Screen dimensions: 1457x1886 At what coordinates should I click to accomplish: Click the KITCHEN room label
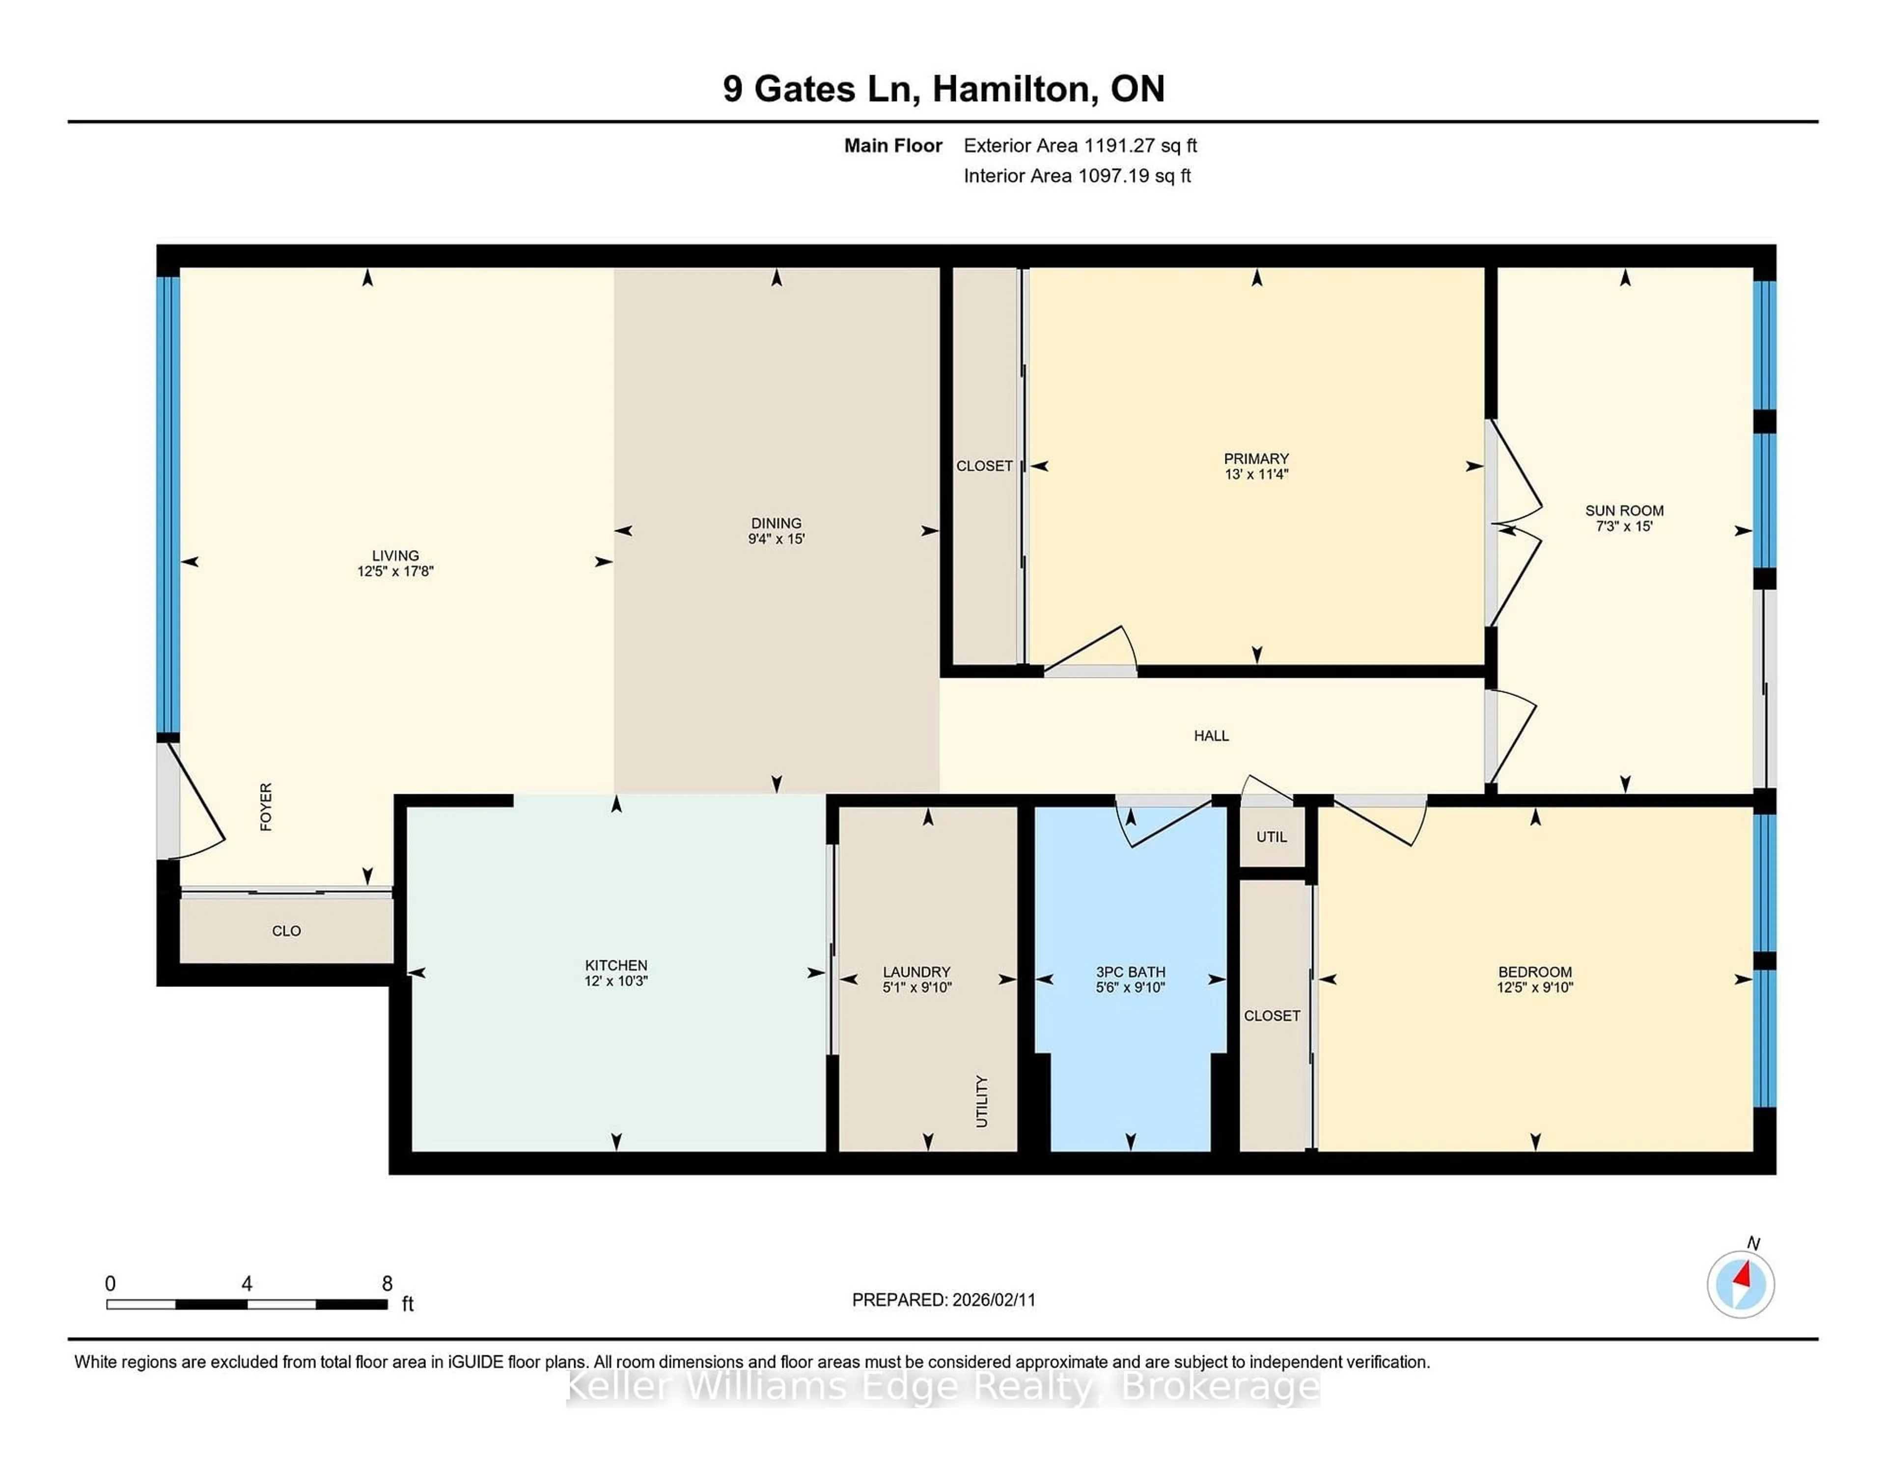coord(616,965)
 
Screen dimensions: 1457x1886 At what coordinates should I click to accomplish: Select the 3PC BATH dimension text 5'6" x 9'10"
coord(1131,987)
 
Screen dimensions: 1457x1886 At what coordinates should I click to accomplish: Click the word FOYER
coord(266,807)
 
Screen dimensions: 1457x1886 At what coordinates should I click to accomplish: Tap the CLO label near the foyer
coord(286,931)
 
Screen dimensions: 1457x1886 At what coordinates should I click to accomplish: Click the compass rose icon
coord(1740,1284)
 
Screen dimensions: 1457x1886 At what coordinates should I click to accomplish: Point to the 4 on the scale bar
coord(247,1284)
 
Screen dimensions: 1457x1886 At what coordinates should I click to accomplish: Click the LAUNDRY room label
coord(916,972)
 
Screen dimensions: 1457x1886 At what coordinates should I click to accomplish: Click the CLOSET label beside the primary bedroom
coord(984,466)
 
